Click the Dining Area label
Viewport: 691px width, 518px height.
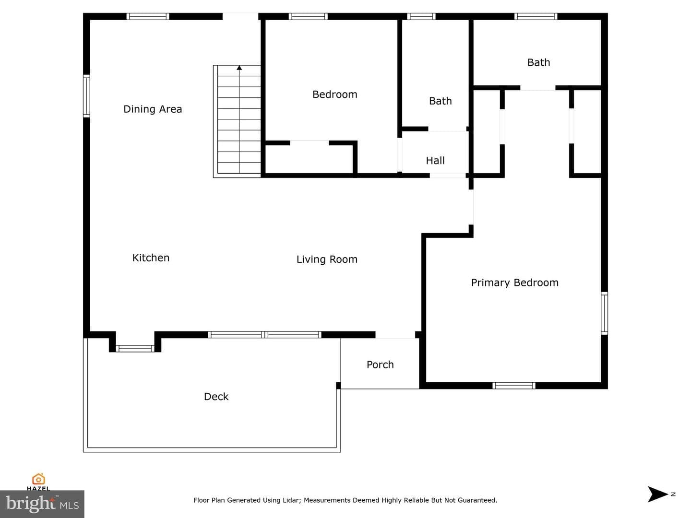point(153,109)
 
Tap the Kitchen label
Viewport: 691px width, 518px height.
point(151,258)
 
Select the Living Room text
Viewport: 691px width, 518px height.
point(327,259)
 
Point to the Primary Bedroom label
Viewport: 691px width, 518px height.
point(515,283)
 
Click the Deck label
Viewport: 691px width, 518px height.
point(216,397)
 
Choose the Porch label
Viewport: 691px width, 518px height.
point(380,365)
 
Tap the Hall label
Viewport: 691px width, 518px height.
point(435,161)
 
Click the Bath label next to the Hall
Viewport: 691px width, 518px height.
point(440,101)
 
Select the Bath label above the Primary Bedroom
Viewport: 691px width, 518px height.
point(538,62)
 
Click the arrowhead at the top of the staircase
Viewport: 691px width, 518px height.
point(239,68)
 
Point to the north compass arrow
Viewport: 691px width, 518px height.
point(657,494)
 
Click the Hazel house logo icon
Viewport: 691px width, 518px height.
point(38,479)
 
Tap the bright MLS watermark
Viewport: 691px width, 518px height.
point(42,504)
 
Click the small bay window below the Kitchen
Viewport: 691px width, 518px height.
point(135,349)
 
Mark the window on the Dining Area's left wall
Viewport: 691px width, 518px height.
point(86,96)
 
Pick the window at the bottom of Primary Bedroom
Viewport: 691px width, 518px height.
point(514,386)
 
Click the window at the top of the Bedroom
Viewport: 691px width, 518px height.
point(308,16)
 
